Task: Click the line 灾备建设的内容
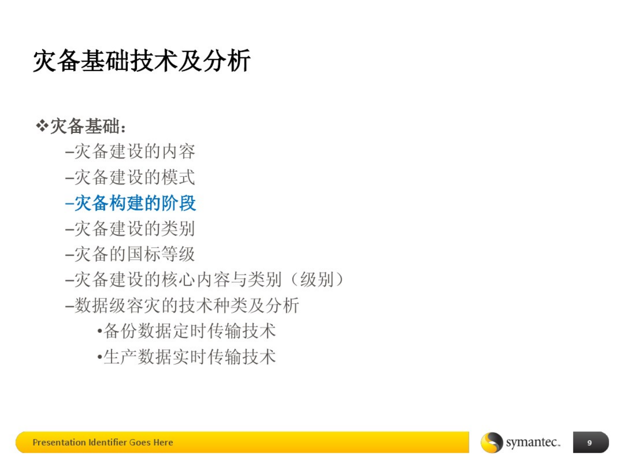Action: [135, 152]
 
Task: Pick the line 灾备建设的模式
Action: [135, 177]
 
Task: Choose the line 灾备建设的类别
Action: [135, 228]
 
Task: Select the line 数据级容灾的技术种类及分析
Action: [186, 305]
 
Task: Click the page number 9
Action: [589, 443]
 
